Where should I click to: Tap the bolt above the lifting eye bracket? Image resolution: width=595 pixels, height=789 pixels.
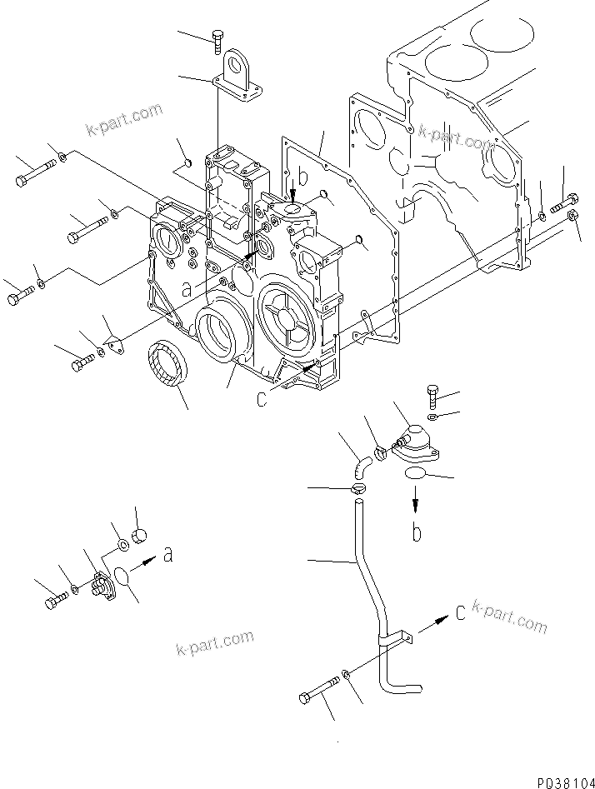tap(219, 37)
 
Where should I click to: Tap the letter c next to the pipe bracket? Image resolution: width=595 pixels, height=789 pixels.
tap(460, 614)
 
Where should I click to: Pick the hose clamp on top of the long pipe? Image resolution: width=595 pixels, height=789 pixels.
tap(358, 490)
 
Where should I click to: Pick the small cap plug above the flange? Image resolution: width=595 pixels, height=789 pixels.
tap(140, 533)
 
